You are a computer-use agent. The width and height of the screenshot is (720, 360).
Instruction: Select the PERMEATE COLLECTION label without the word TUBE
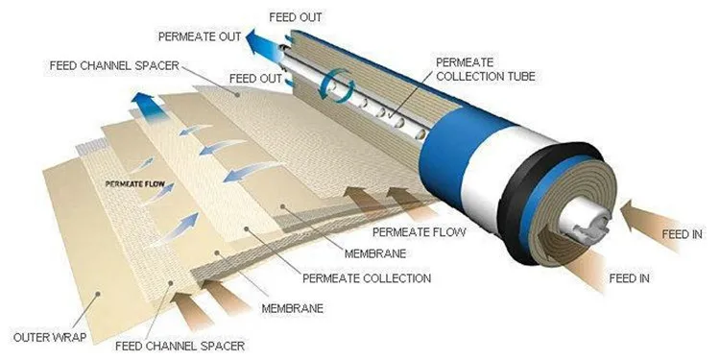pos(366,278)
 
